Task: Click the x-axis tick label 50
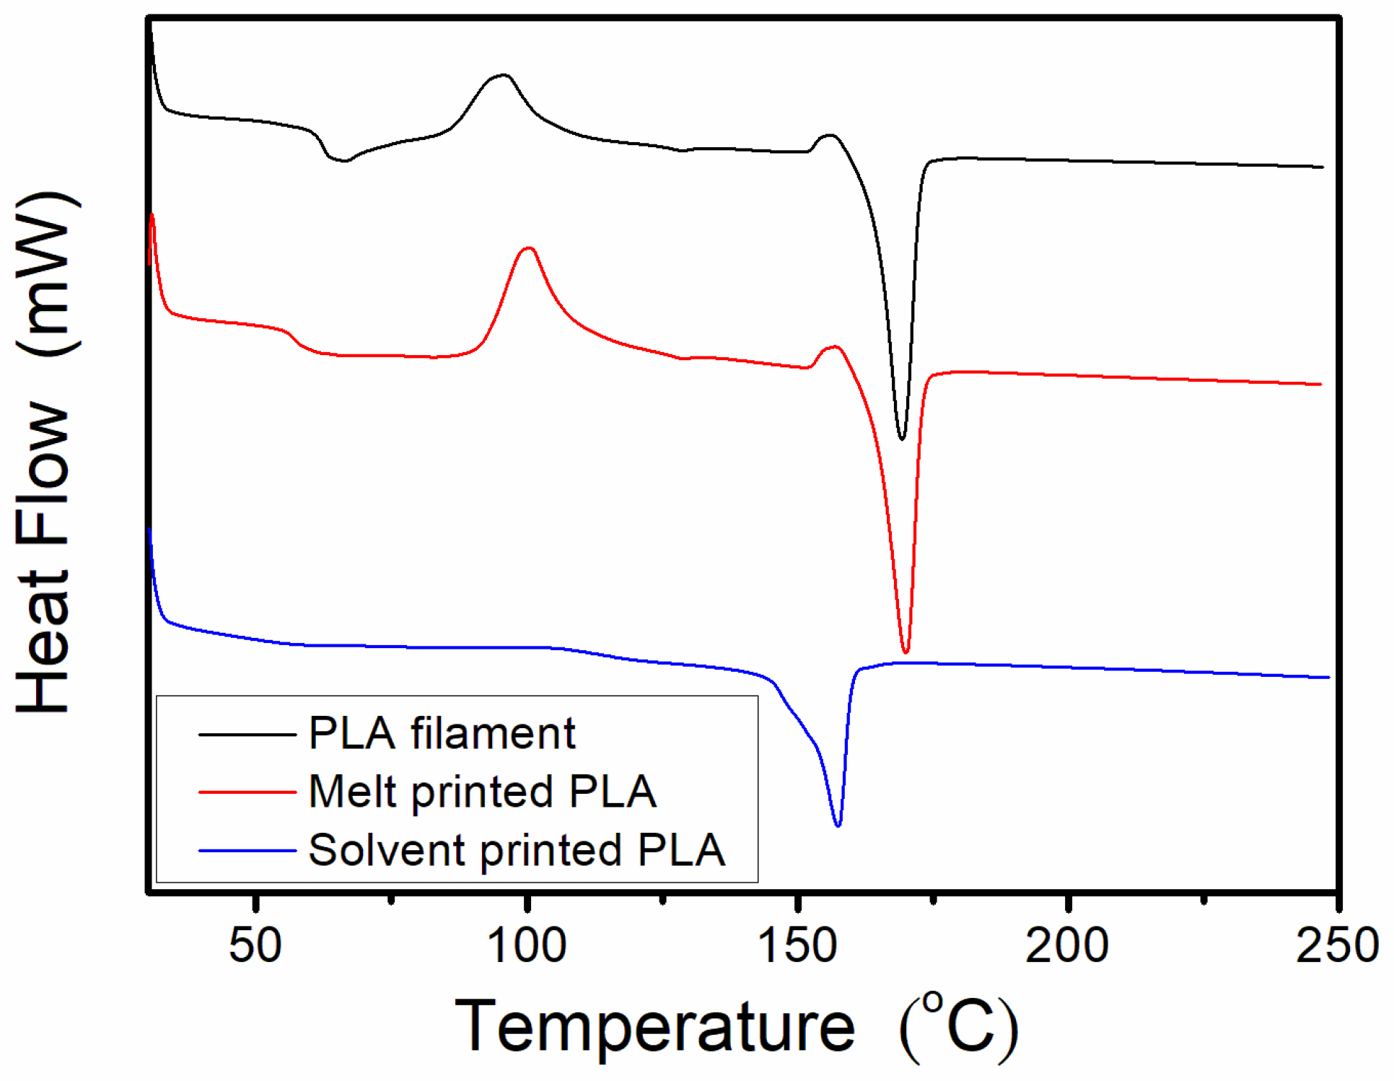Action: pos(255,946)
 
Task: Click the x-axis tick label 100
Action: pos(527,946)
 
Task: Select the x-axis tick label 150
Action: pos(797,946)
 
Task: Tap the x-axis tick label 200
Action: pos(1067,946)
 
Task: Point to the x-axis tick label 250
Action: pos(1337,946)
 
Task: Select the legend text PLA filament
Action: pos(442,734)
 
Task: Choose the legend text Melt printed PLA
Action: pos(482,792)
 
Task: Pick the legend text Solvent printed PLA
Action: pos(517,850)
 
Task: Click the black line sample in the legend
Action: pos(247,735)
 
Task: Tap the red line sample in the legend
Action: pos(247,792)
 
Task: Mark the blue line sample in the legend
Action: pos(247,851)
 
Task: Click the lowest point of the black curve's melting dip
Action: pos(901,438)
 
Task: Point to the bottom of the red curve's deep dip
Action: pos(906,652)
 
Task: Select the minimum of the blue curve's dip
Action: pos(838,826)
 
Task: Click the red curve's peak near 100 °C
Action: pos(529,248)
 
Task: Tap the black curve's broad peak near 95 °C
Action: pos(503,75)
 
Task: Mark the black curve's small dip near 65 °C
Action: pos(344,160)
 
